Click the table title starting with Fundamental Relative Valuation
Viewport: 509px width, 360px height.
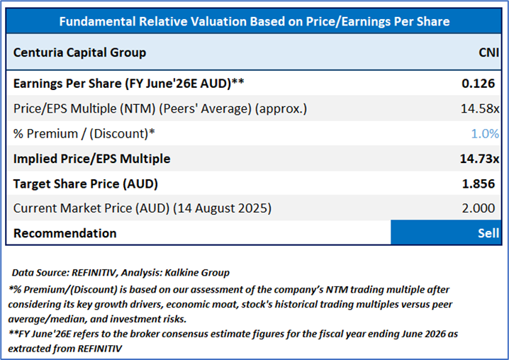tap(254, 21)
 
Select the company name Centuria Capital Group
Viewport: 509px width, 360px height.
tap(80, 52)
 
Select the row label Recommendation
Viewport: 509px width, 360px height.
tap(65, 233)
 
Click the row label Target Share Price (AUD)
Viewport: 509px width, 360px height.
tap(86, 184)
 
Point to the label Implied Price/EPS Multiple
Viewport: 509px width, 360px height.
tap(92, 159)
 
